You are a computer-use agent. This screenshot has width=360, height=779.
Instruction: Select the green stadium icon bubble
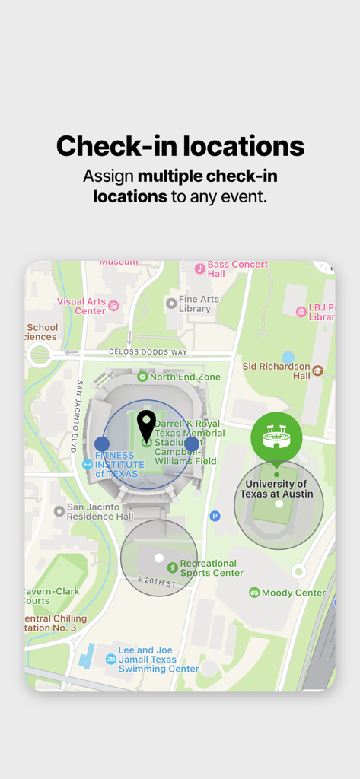[276, 437]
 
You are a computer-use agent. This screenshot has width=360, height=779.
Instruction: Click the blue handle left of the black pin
[102, 444]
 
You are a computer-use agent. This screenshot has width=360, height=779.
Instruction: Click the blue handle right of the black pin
[192, 444]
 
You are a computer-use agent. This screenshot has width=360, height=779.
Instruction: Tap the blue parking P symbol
[215, 516]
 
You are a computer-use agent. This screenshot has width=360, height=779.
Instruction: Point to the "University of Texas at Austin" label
[276, 489]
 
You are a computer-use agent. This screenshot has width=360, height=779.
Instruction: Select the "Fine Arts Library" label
[195, 304]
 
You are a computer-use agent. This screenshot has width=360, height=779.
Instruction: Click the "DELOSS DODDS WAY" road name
[147, 352]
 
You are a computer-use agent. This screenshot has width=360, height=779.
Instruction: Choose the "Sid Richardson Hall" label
[276, 370]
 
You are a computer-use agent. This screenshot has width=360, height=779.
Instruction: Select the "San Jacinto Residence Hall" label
[100, 511]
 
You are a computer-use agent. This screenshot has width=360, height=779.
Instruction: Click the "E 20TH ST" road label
[156, 582]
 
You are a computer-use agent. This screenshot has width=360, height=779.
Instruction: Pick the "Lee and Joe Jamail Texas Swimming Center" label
[158, 660]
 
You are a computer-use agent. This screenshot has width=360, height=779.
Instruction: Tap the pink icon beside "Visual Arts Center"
[113, 306]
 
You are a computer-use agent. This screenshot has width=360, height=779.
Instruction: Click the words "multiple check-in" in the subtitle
[207, 176]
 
